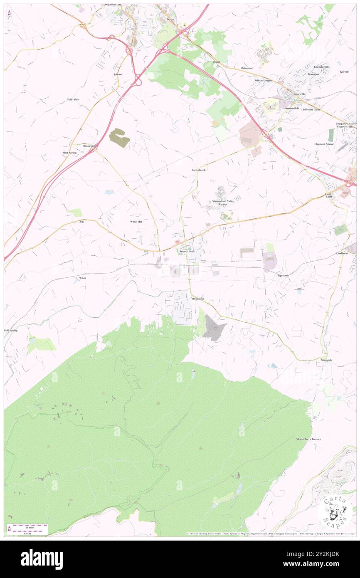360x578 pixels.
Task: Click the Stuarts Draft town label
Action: pos(186,252)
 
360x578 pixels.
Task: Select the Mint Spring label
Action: pos(69,153)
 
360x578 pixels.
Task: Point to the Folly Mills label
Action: pos(73,100)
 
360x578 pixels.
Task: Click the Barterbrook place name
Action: pos(198,170)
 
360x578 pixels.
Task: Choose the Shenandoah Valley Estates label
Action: pos(223,203)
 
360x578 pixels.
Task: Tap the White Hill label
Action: pos(136,222)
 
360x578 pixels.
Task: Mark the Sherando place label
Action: pos(326,359)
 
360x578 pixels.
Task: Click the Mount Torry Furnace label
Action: pos(308,439)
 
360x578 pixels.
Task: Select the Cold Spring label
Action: pos(11,330)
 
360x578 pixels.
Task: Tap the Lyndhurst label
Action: pos(342,253)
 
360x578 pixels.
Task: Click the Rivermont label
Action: pos(198,299)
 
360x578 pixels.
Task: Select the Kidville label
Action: pos(344,72)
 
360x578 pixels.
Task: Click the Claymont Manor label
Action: pos(324,144)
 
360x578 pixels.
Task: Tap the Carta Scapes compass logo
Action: pos(335,511)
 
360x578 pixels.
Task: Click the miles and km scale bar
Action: pos(27,529)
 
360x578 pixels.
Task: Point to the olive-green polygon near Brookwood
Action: pos(119,138)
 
